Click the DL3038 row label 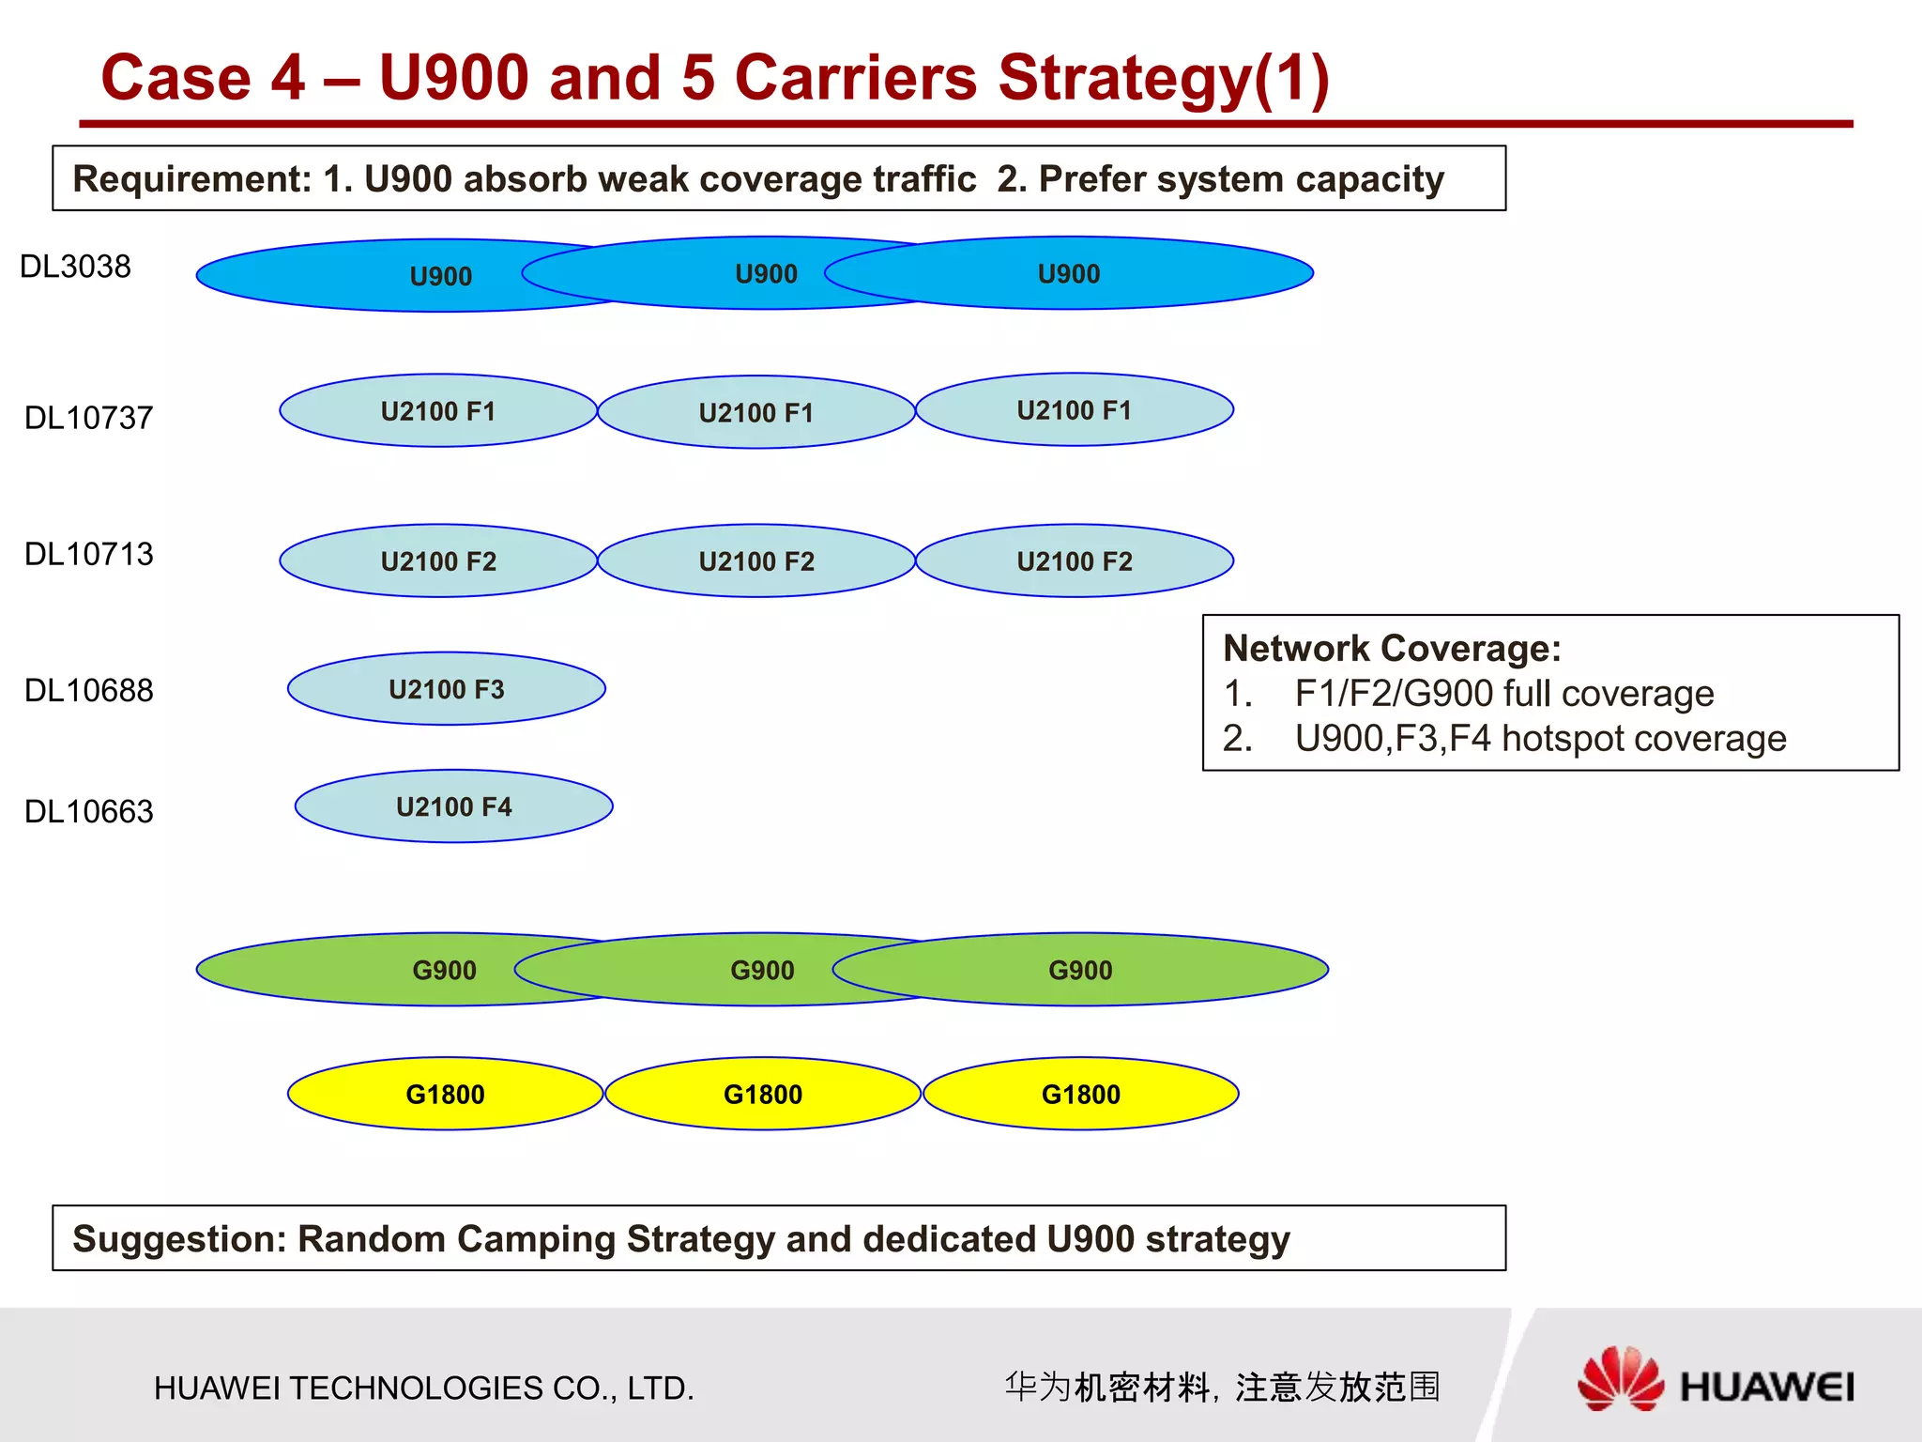[75, 267]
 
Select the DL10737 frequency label [88, 418]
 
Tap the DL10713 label [88, 554]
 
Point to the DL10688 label [88, 691]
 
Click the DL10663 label [88, 811]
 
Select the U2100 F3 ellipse [447, 689]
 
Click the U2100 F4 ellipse [454, 806]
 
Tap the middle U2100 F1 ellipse [756, 412]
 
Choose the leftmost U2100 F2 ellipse [438, 560]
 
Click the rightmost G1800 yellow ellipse [1081, 1094]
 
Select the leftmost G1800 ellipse [445, 1094]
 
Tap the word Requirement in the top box [191, 178]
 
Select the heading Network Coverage [1392, 649]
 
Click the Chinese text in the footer [1222, 1387]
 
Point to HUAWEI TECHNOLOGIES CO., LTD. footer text [424, 1388]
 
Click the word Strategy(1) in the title [1164, 78]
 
